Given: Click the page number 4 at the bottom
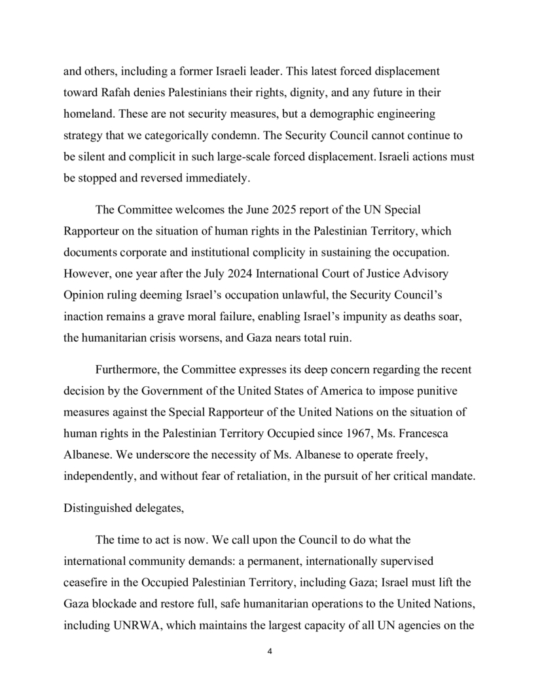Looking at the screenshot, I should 270,651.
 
